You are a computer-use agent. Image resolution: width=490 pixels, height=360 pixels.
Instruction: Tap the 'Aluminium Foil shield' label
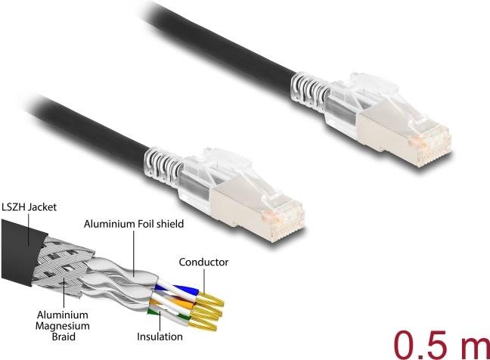click(x=134, y=224)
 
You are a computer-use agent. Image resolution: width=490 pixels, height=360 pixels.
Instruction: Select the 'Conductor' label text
click(x=203, y=262)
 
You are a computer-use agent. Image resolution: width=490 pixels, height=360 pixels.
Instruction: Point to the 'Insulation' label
click(x=160, y=336)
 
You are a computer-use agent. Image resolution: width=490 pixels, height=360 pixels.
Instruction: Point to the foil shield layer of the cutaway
click(x=121, y=284)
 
